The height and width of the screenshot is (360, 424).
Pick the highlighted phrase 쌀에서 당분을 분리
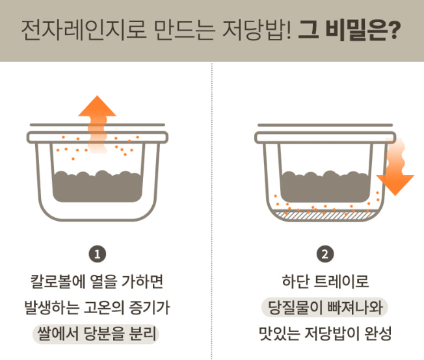[98, 334]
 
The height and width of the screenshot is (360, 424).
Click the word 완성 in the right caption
[380, 334]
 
